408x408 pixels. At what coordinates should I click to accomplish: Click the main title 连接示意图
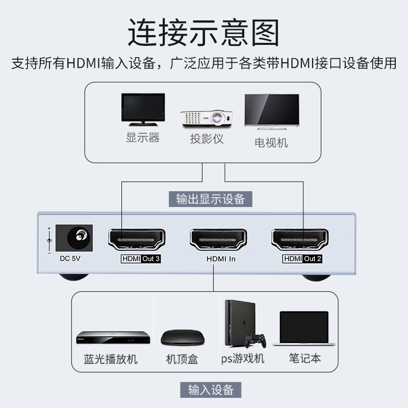coord(203,33)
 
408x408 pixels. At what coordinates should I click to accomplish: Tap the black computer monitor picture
coord(143,109)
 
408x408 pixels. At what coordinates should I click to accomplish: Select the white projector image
coord(207,118)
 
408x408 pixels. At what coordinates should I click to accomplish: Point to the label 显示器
coord(143,138)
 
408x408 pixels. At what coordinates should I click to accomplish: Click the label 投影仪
coord(207,139)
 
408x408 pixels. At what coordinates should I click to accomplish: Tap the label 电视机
coord(271,142)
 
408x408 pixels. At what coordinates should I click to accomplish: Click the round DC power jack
coord(81,236)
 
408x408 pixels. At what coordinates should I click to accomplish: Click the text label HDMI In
coord(221,259)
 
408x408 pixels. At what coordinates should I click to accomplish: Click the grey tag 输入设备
coord(211,390)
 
